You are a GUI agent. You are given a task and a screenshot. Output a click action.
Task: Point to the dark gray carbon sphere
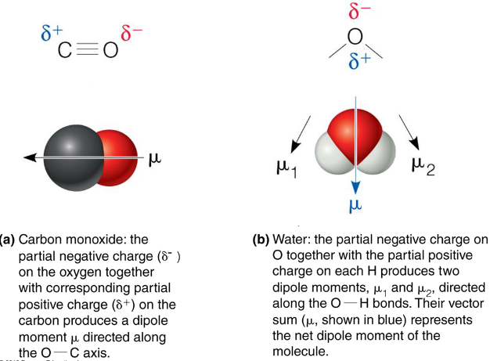71,157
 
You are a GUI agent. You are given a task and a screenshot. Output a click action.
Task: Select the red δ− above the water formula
355,13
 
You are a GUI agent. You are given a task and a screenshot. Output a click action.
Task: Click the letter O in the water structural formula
355,37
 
